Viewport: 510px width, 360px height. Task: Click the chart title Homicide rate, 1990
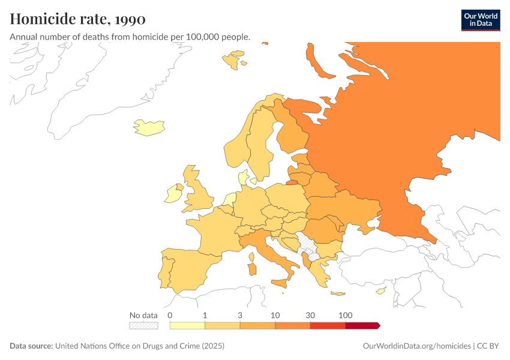[77, 19]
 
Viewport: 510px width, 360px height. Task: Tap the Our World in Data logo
[480, 20]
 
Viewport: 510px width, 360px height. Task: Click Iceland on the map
[148, 127]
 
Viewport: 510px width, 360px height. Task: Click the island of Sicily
[279, 283]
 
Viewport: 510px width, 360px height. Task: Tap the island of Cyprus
[380, 292]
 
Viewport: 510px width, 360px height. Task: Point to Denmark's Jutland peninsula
[242, 178]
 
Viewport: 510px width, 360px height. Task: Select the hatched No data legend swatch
[143, 325]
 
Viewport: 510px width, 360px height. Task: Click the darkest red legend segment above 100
[362, 325]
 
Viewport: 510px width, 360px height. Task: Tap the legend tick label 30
[310, 315]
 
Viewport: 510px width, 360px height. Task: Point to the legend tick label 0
[170, 315]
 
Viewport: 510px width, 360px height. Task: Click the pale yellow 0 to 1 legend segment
[188, 325]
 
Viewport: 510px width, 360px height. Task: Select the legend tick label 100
[346, 315]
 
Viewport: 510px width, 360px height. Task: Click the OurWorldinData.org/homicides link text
[417, 346]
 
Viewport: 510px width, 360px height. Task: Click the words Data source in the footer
[31, 346]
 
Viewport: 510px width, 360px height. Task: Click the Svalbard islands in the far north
[232, 59]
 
